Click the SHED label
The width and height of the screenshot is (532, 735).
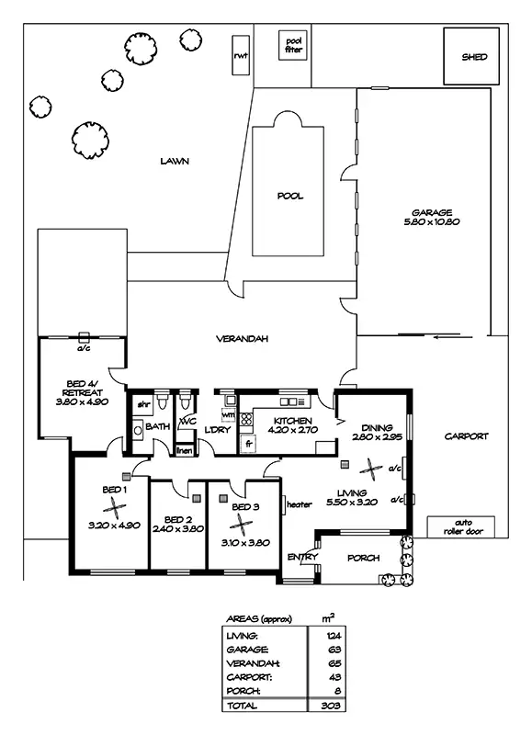click(x=475, y=56)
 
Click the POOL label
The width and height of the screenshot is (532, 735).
click(x=290, y=196)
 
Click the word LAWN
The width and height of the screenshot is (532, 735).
click(x=174, y=161)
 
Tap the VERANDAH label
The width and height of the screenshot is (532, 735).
click(x=242, y=339)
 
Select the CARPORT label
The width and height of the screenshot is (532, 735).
click(x=467, y=436)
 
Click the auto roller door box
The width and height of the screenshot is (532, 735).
click(x=461, y=526)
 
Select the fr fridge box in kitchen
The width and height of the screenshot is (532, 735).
click(x=247, y=443)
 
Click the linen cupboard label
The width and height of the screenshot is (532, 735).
click(x=184, y=450)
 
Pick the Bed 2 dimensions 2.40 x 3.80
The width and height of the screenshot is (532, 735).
click(x=177, y=528)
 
